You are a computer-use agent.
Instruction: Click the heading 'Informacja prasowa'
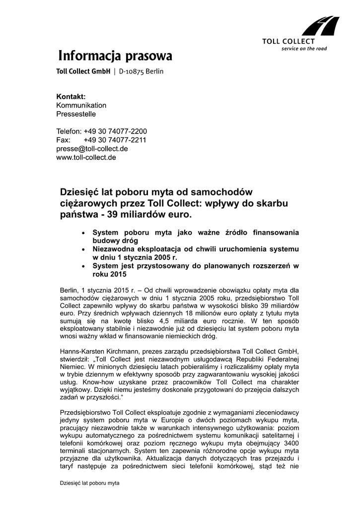point(115,56)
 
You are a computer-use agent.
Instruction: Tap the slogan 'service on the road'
point(304,49)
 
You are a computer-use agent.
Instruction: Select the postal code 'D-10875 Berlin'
point(141,71)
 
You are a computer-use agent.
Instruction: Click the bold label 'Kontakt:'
point(71,96)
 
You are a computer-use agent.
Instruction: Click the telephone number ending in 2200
point(115,131)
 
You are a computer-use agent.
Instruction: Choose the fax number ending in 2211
point(115,140)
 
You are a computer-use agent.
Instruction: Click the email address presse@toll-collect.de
point(92,148)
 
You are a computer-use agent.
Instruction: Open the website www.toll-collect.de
point(86,157)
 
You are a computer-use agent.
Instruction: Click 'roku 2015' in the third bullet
point(106,274)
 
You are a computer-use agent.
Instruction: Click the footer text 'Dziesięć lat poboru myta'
point(90,482)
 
